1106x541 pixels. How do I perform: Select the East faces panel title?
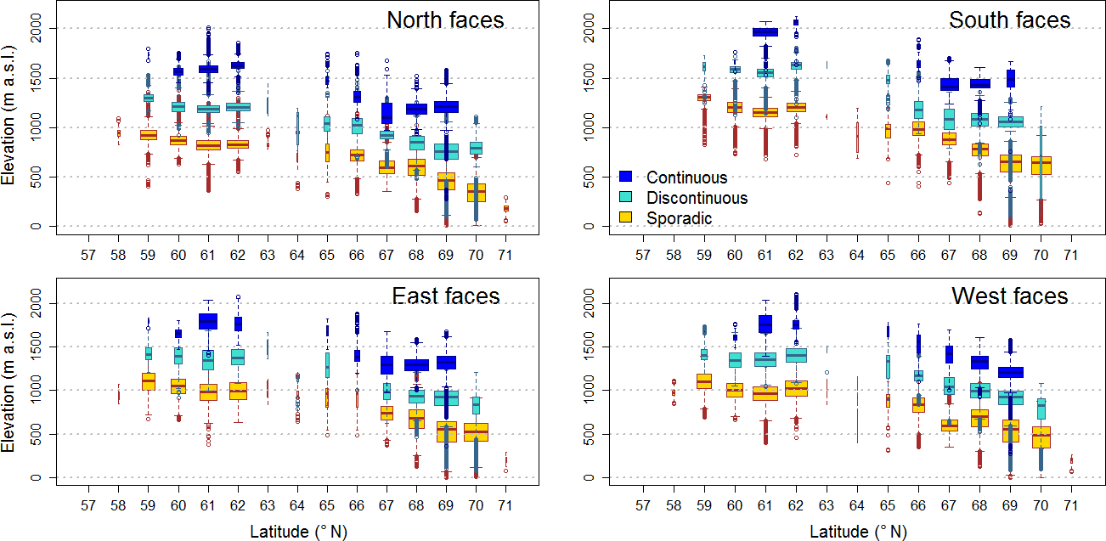(x=445, y=296)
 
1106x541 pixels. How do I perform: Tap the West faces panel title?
(x=1009, y=296)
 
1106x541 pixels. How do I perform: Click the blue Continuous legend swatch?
(x=628, y=178)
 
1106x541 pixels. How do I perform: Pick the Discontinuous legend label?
(x=697, y=198)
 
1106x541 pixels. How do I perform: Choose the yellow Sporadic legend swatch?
(x=628, y=218)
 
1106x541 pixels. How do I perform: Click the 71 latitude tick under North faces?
(x=505, y=254)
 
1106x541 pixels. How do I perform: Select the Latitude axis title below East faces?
(x=298, y=532)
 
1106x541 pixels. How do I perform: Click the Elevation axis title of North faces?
(x=9, y=127)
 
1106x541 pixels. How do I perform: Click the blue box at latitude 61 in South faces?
(x=765, y=32)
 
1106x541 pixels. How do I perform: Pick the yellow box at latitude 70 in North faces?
(x=476, y=193)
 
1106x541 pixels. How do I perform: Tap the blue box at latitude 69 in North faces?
(x=446, y=106)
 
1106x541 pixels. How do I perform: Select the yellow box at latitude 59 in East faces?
(x=148, y=381)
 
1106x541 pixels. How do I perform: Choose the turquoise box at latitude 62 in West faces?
(x=796, y=355)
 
